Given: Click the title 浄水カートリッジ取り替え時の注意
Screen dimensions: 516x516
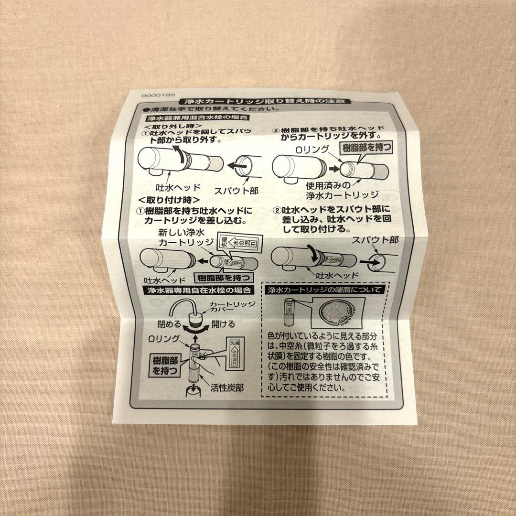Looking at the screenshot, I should tap(264, 102).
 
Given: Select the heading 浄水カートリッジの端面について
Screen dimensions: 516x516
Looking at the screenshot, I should tap(324, 290).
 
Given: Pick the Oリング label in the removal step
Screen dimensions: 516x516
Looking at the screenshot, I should tap(313, 150).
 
